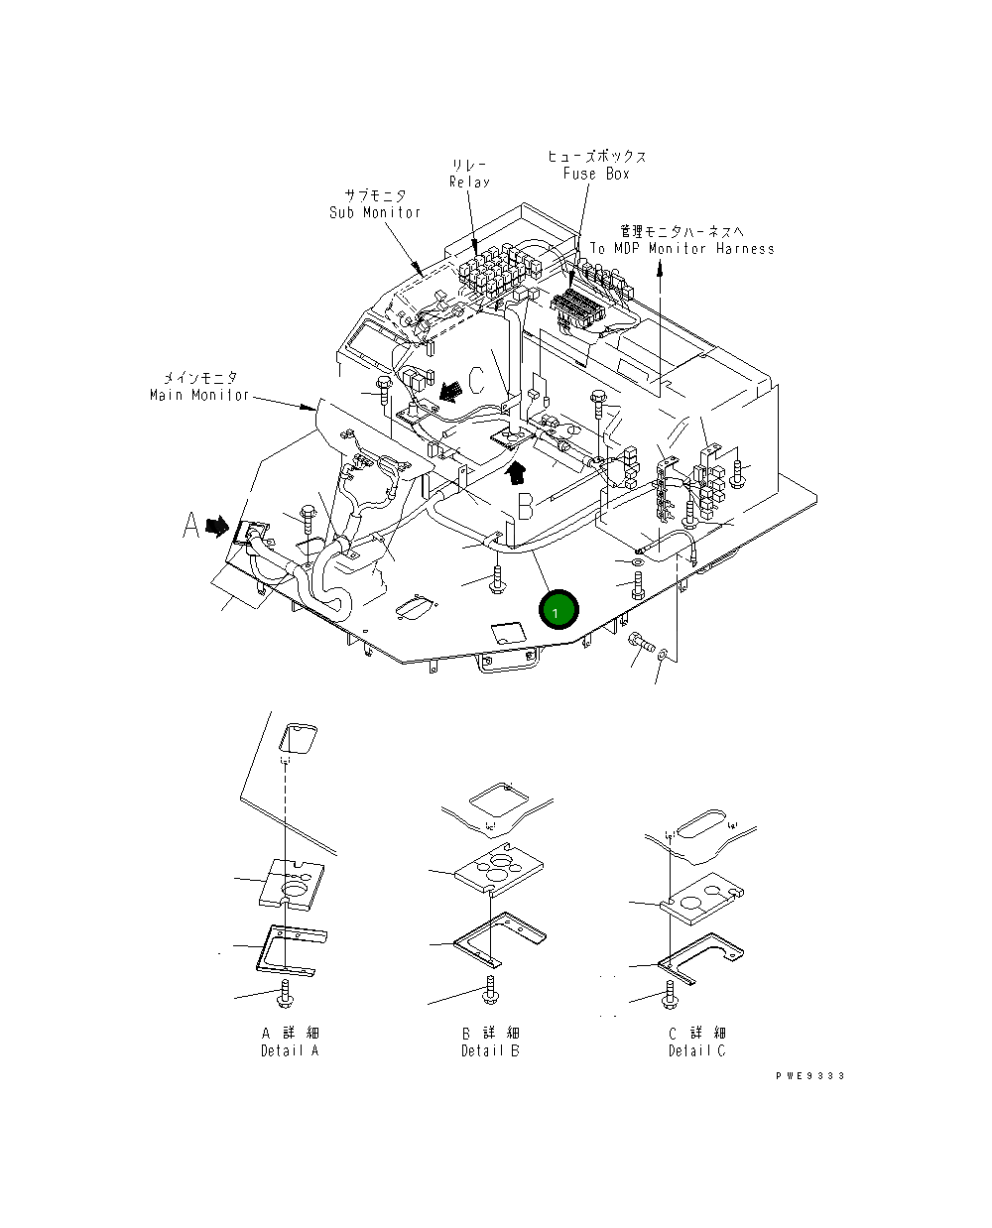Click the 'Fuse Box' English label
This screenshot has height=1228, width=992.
[596, 174]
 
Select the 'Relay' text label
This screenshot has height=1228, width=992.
[469, 183]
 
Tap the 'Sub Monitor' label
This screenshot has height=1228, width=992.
[375, 212]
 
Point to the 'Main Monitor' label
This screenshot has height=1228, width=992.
[199, 395]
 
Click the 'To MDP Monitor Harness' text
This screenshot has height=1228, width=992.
[682, 249]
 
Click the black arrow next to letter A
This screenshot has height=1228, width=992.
[217, 527]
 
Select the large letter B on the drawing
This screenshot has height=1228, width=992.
[525, 506]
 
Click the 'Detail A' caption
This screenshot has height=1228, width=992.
[290, 1050]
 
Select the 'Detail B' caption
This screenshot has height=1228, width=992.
[490, 1050]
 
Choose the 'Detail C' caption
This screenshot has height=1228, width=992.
[696, 1050]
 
